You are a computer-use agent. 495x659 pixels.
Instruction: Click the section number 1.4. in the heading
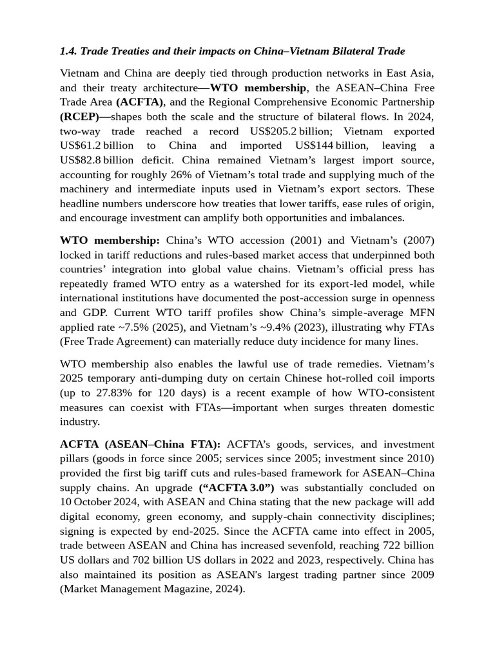pos(68,50)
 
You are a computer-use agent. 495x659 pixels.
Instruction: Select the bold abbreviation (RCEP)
pos(79,116)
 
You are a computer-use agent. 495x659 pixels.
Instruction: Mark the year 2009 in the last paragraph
pos(423,575)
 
